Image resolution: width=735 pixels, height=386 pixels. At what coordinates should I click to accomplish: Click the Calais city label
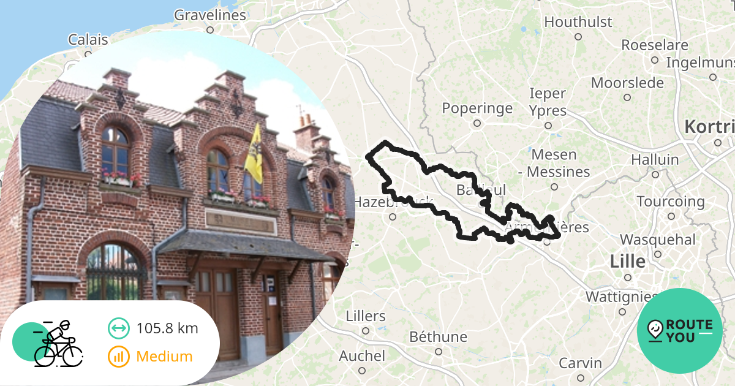point(88,40)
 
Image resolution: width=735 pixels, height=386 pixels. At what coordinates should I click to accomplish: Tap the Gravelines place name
point(210,15)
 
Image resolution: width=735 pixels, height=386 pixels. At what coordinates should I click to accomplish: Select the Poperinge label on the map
point(477,108)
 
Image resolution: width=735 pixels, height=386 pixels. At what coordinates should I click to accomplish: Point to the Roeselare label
point(655,45)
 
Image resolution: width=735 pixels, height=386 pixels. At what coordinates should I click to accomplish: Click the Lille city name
point(627,262)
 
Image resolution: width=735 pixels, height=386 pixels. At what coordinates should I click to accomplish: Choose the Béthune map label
point(438,337)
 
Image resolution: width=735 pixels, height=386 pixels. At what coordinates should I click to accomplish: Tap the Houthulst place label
point(578,22)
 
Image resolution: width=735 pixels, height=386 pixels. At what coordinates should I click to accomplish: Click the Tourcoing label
point(671,202)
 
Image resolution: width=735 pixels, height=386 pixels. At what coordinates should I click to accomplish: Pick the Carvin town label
point(580,363)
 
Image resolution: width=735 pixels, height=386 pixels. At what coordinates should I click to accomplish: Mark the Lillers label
point(366,316)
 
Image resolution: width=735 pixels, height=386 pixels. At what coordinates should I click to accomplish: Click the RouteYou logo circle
point(680,331)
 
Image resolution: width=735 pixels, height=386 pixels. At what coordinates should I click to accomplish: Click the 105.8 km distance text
point(167,328)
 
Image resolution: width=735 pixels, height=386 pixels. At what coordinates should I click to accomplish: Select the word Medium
point(164,357)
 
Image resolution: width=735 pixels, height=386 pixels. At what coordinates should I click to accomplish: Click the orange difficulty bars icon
point(118,357)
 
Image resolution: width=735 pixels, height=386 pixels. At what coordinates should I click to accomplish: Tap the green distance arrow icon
point(118,328)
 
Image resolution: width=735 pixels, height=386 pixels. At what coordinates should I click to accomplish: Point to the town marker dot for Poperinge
point(477,123)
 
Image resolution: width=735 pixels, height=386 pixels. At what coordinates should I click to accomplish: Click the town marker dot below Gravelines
point(210,29)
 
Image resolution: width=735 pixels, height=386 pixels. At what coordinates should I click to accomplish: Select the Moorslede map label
point(627,83)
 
